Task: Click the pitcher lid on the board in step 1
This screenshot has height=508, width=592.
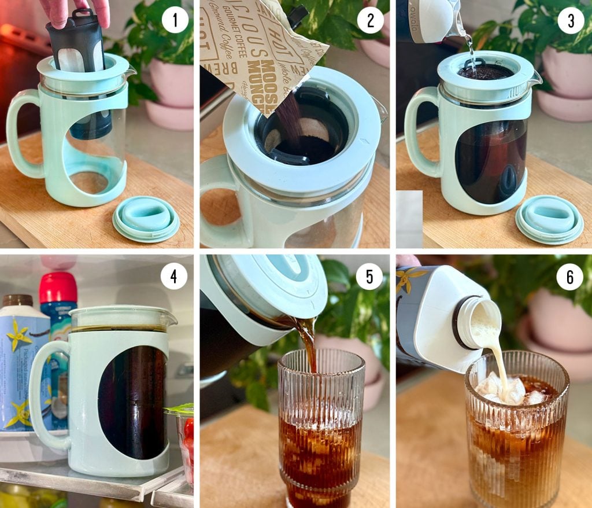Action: coord(146,218)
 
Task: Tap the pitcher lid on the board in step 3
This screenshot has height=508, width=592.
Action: coord(549,219)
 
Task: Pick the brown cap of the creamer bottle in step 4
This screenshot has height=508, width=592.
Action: coord(17,300)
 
